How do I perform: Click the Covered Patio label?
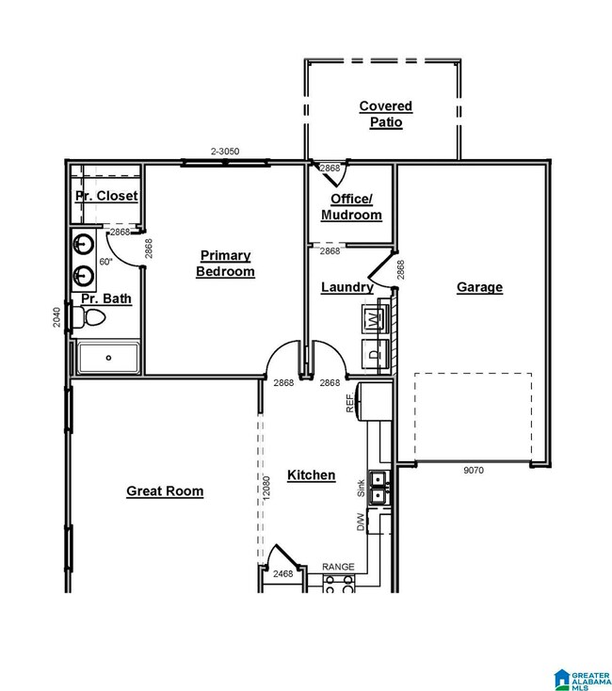(385, 114)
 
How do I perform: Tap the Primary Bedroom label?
(225, 263)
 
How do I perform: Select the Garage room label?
(479, 287)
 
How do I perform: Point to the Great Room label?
(165, 491)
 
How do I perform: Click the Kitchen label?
(311, 475)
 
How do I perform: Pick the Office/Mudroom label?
(351, 207)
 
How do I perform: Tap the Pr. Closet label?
(106, 196)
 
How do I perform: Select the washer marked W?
(374, 318)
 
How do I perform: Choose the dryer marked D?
(374, 353)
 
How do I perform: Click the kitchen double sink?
(378, 487)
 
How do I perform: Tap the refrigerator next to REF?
(374, 401)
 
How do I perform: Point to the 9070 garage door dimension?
(474, 470)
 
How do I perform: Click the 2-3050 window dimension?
(225, 152)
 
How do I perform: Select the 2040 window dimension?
(56, 317)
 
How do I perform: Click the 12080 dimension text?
(266, 488)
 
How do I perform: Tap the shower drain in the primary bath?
(108, 358)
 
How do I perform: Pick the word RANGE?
(338, 567)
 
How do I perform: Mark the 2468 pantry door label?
(282, 573)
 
